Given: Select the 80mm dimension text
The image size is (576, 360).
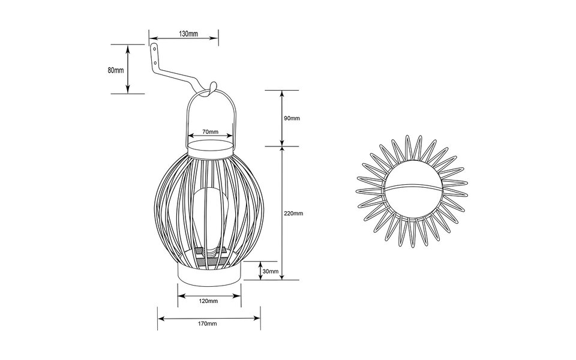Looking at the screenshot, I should [115, 70].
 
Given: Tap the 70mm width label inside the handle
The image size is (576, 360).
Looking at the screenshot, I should [209, 131].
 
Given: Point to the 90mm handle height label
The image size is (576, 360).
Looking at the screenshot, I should [291, 119].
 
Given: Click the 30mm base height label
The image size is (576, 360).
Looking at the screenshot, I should [271, 272].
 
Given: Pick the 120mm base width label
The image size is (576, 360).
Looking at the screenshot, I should [209, 300].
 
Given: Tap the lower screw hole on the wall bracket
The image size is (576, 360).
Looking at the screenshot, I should [157, 62].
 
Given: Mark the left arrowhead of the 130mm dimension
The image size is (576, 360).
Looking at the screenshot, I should [151, 38].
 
